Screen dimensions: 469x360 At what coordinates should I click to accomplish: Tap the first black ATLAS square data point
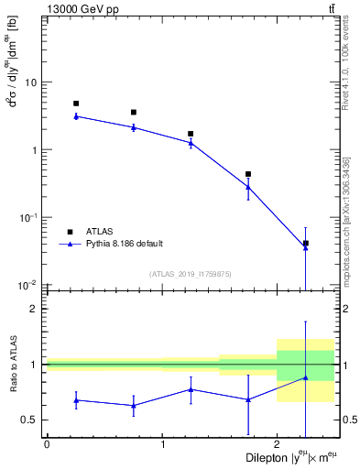[x=76, y=104]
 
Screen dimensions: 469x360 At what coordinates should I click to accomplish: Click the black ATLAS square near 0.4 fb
[x=248, y=174]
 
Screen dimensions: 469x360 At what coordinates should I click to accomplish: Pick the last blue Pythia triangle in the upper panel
[x=305, y=247]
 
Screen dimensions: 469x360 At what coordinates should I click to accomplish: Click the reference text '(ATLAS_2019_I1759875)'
[x=191, y=274]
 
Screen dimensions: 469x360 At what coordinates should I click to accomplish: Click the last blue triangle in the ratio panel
[x=305, y=377]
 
